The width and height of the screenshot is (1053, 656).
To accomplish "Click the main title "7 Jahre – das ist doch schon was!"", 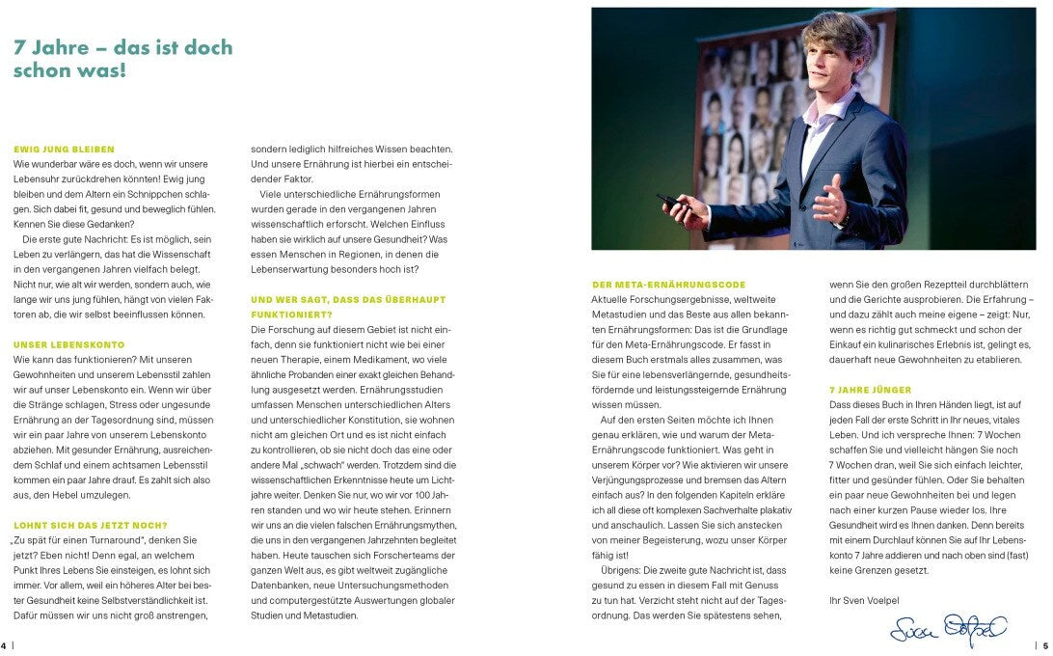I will click(x=123, y=59).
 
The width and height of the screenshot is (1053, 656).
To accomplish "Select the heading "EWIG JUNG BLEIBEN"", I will click(x=64, y=150).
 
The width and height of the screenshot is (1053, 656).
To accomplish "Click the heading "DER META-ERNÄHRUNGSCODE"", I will click(x=668, y=285).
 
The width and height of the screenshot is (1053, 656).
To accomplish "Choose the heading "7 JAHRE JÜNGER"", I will click(x=870, y=390).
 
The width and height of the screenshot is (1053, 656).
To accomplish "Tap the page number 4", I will click(x=4, y=645).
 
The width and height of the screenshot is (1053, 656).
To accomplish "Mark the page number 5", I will click(x=1045, y=645).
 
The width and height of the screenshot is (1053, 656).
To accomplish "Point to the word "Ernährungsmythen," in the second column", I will click(x=409, y=525).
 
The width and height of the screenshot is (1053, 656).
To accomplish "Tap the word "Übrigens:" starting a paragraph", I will click(x=624, y=570).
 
